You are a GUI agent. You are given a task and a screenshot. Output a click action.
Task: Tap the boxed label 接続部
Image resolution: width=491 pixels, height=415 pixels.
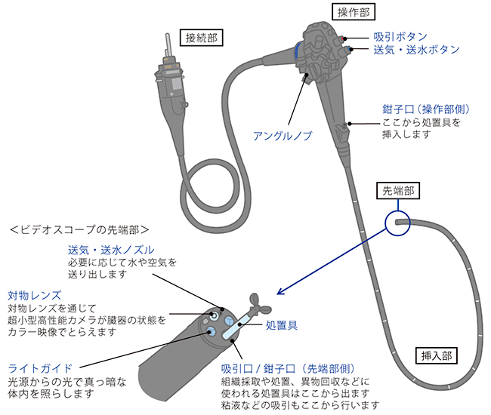coord(203,37)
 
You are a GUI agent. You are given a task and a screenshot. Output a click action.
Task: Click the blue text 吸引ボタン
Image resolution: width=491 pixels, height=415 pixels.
coord(400,36)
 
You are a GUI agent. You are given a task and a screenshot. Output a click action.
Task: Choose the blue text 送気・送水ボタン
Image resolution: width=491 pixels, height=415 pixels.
coord(416,49)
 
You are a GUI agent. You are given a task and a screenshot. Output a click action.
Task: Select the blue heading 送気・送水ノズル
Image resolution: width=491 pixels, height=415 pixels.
coord(111,250)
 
